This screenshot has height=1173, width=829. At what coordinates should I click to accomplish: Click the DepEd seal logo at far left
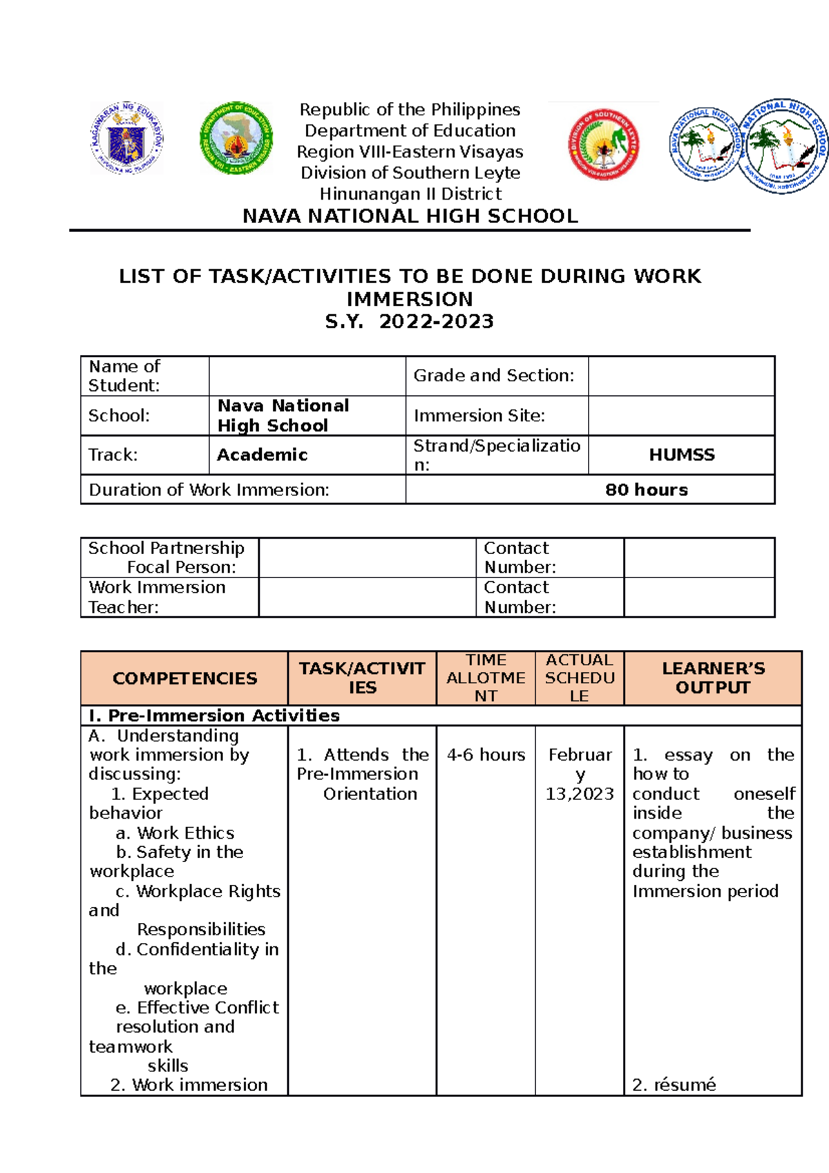[x=126, y=137]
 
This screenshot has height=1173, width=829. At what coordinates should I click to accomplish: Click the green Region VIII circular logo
[x=236, y=137]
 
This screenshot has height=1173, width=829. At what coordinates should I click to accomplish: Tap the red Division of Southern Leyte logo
[x=603, y=144]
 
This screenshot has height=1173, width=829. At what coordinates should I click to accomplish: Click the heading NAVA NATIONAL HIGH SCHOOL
[x=410, y=216]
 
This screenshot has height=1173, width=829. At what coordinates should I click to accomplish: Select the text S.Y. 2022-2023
[x=410, y=322]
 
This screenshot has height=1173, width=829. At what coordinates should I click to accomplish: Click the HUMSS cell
[x=681, y=455]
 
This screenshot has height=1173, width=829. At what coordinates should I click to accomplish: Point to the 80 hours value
[x=646, y=490]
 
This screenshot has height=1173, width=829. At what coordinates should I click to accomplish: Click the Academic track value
[x=263, y=455]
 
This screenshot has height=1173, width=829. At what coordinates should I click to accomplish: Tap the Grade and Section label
[x=493, y=376]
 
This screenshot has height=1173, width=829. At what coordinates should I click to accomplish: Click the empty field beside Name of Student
[x=307, y=376]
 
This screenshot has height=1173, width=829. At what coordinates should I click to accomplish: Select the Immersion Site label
[x=479, y=416]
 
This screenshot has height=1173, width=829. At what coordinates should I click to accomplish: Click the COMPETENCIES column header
[x=184, y=678]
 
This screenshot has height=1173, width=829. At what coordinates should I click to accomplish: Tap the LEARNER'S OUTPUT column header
[x=713, y=678]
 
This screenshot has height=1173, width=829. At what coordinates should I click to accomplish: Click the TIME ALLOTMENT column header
[x=486, y=678]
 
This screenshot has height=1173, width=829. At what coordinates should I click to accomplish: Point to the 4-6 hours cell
[x=486, y=755]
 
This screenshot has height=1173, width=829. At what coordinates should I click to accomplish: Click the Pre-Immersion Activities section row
[x=214, y=716]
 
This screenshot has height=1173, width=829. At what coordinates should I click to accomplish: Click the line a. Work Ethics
[x=175, y=833]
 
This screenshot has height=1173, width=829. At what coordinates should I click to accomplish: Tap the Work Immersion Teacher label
[x=157, y=597]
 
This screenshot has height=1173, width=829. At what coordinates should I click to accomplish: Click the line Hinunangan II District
[x=410, y=194]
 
